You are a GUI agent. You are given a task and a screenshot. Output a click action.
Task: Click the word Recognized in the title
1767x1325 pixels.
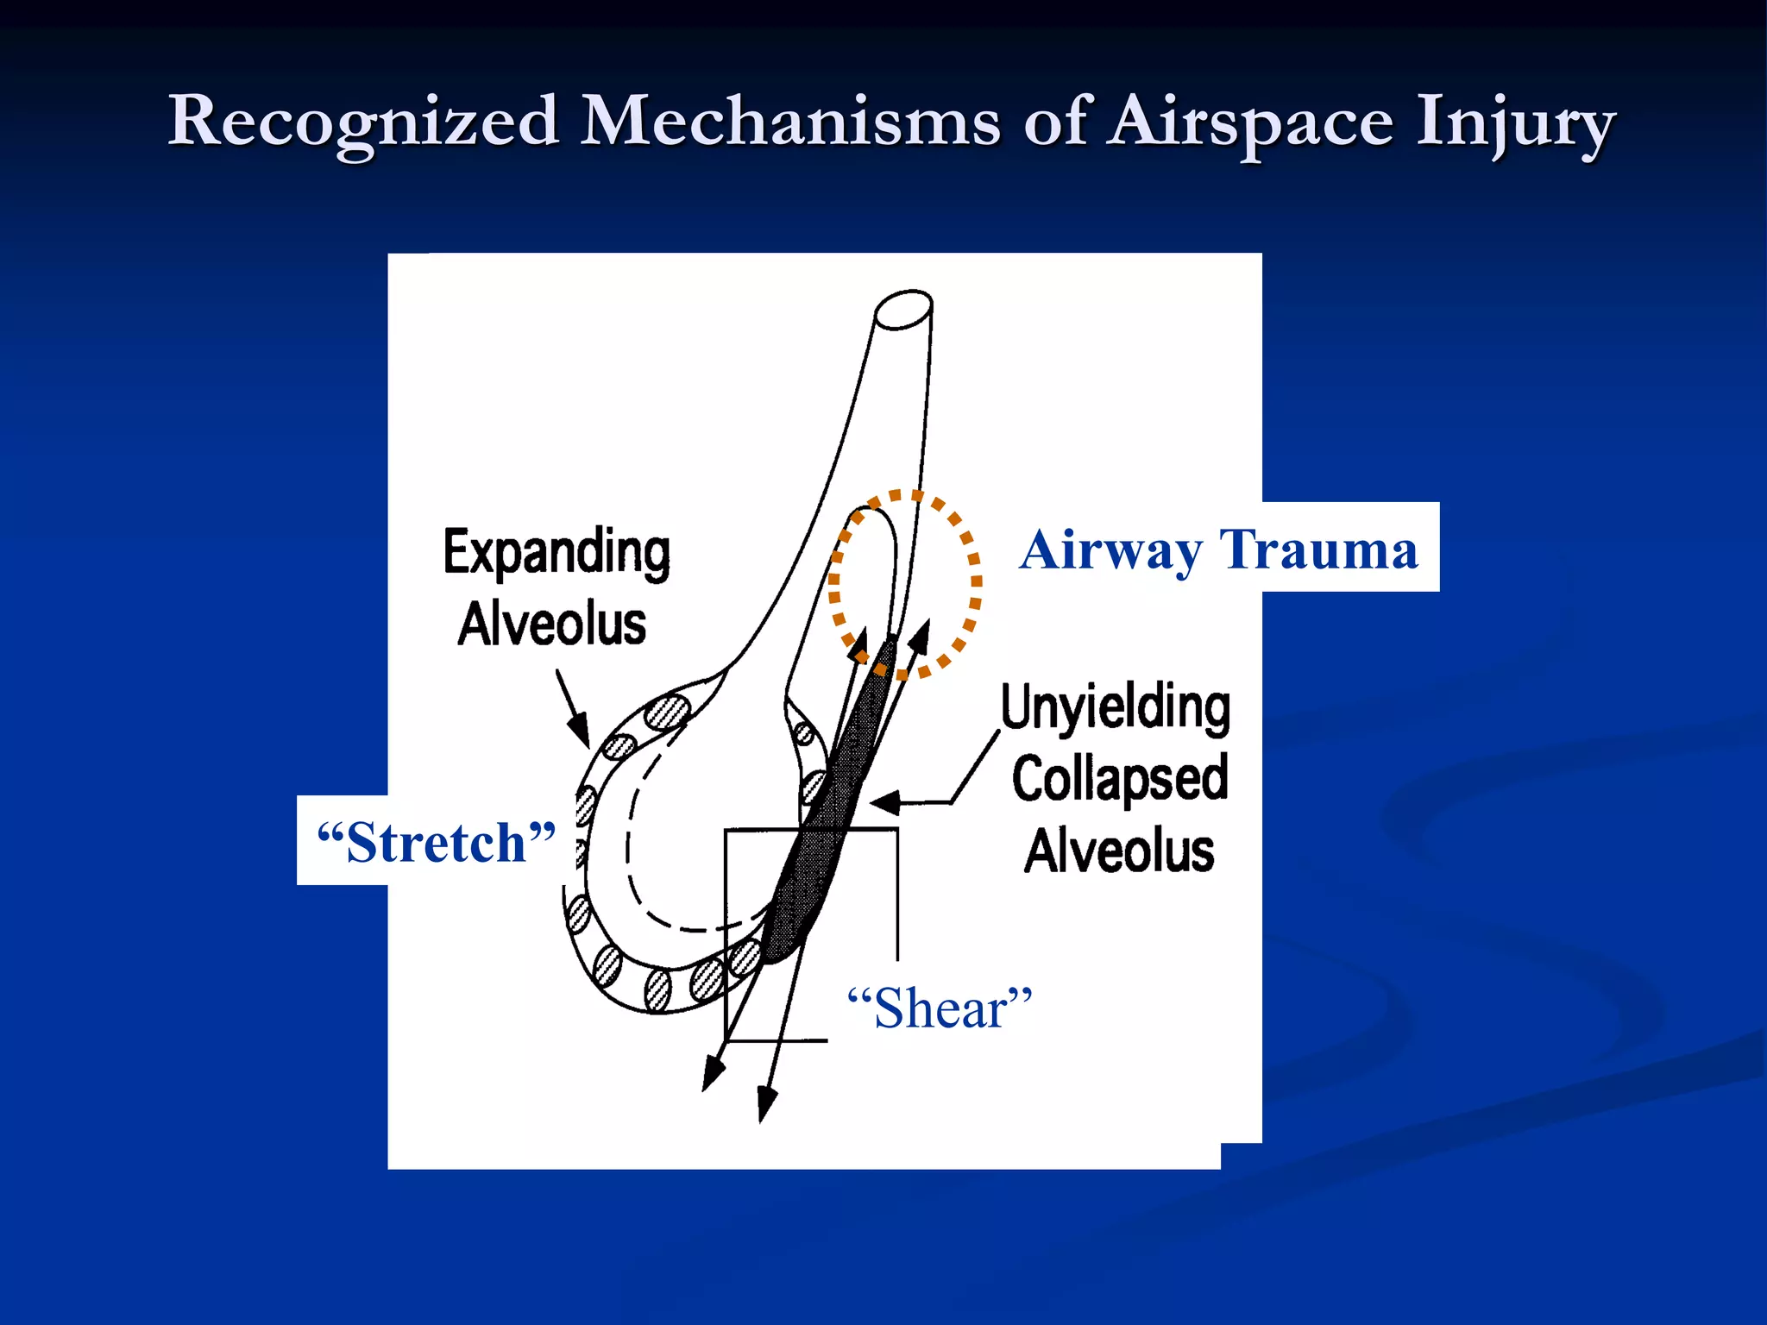point(363,122)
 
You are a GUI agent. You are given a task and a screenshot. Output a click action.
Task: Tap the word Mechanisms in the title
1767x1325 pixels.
point(790,122)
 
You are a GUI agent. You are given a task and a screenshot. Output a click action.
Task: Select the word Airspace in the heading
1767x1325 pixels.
point(1250,122)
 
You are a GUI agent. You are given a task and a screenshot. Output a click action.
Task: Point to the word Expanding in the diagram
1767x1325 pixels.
point(557,552)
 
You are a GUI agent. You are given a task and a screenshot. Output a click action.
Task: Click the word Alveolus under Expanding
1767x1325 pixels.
point(552,624)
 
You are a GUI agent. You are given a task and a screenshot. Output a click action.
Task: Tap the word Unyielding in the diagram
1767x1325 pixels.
point(1116,707)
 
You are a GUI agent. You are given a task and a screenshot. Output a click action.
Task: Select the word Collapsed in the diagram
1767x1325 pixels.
point(1119,779)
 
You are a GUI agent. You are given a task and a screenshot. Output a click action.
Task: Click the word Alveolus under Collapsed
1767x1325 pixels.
point(1119,851)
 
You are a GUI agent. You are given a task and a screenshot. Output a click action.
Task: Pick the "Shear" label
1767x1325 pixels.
point(940,1008)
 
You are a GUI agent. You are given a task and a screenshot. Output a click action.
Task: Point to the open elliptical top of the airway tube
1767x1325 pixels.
point(903,310)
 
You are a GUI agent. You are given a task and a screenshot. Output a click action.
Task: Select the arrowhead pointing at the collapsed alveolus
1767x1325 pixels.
point(885,802)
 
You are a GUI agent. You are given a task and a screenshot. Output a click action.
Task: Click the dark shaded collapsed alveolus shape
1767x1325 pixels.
point(828,819)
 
